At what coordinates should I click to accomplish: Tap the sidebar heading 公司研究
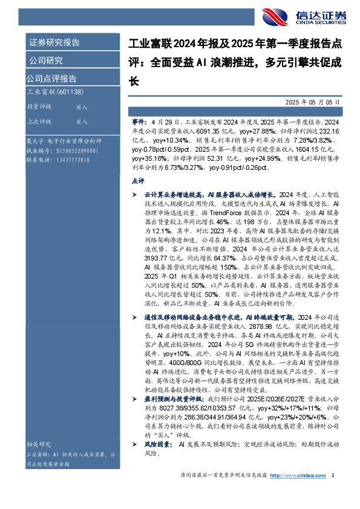pyautogui.click(x=45, y=60)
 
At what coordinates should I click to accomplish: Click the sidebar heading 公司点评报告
pyautogui.click(x=51, y=79)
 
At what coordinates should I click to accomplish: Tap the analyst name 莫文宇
pyautogui.click(x=34, y=139)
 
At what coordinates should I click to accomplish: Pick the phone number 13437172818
pyautogui.click(x=71, y=160)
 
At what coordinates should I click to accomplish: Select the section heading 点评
pyautogui.click(x=137, y=180)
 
